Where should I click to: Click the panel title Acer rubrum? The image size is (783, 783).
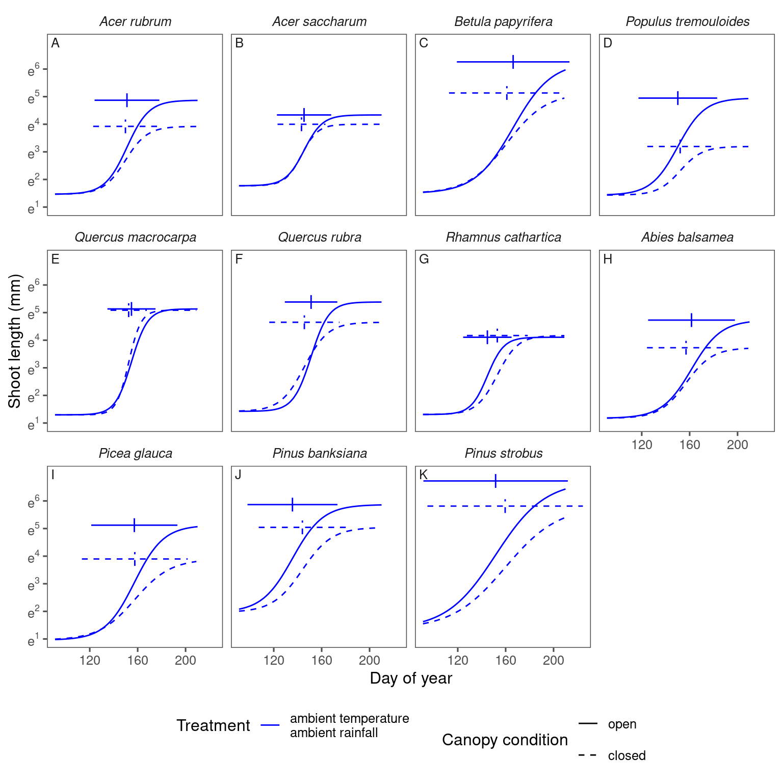tap(135, 22)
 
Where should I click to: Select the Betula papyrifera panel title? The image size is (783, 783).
tap(503, 22)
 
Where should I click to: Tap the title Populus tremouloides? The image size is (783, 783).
tap(687, 22)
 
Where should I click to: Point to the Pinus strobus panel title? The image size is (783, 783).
tap(503, 453)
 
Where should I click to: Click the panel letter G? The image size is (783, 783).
tap(424, 259)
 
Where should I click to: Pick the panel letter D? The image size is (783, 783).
tap(608, 43)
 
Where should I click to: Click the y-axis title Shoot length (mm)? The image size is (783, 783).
tap(15, 341)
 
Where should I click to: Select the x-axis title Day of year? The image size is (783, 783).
tap(411, 678)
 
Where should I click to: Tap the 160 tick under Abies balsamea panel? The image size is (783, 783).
tap(690, 445)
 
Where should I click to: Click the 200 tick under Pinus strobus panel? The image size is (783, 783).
tap(553, 661)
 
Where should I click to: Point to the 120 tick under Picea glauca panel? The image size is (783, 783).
tap(90, 661)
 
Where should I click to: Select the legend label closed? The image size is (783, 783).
tap(627, 755)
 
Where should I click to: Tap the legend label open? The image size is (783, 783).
tap(622, 724)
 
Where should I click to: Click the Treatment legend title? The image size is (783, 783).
tap(213, 725)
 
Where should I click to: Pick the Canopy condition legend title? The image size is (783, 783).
tap(505, 740)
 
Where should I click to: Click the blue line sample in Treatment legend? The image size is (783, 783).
tap(270, 725)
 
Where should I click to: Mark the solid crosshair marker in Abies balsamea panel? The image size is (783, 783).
tap(691, 320)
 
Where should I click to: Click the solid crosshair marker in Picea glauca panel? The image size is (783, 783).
tap(134, 525)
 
